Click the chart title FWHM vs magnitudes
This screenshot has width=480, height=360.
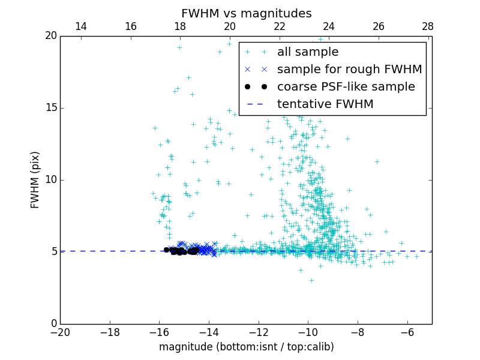(x=246, y=13)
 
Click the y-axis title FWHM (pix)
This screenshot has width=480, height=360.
(x=35, y=180)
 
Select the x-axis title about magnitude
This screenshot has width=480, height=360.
(x=246, y=347)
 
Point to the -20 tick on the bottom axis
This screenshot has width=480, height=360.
(x=60, y=332)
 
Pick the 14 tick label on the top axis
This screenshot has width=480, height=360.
(x=81, y=26)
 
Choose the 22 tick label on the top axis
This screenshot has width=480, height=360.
(x=279, y=26)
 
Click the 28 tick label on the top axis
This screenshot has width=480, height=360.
(x=428, y=26)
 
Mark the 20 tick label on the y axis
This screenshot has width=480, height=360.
(x=50, y=36)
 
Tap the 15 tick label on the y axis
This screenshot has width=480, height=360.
(x=50, y=108)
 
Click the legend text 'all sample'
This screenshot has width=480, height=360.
(x=308, y=52)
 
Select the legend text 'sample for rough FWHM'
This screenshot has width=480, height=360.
(x=349, y=70)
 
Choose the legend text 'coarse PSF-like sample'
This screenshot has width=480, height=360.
(x=346, y=87)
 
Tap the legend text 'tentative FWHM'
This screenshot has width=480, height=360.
(x=325, y=104)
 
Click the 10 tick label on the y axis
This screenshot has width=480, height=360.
(x=50, y=180)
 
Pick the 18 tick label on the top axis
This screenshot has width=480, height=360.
(x=180, y=26)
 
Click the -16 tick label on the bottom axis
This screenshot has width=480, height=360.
(x=159, y=332)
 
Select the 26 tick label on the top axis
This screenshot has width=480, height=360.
(x=378, y=26)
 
